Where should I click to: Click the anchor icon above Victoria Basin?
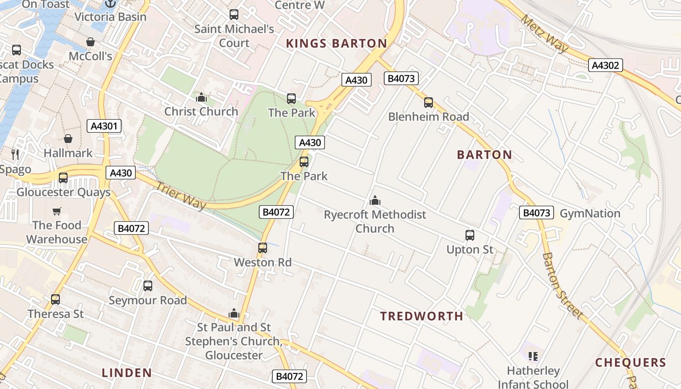click(110, 4)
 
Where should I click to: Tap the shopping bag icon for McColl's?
click(90, 42)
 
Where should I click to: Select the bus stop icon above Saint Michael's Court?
click(234, 15)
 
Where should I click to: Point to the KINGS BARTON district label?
click(336, 44)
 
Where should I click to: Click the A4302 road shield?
click(605, 65)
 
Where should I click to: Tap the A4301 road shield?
click(104, 126)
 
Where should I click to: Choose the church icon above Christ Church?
click(201, 97)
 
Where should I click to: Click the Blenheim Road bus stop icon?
click(428, 103)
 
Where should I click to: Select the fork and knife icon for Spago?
click(15, 155)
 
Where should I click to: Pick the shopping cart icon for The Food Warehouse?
click(57, 211)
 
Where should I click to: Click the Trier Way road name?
click(181, 195)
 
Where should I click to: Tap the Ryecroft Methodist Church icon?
click(375, 200)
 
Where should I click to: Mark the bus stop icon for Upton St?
click(469, 235)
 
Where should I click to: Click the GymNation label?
click(590, 213)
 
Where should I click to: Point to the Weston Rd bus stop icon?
click(263, 248)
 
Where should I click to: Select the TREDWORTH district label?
click(421, 317)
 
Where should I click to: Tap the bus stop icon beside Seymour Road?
click(148, 286)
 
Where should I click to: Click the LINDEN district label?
click(126, 373)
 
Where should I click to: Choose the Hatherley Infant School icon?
click(533, 356)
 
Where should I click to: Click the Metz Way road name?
click(544, 33)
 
